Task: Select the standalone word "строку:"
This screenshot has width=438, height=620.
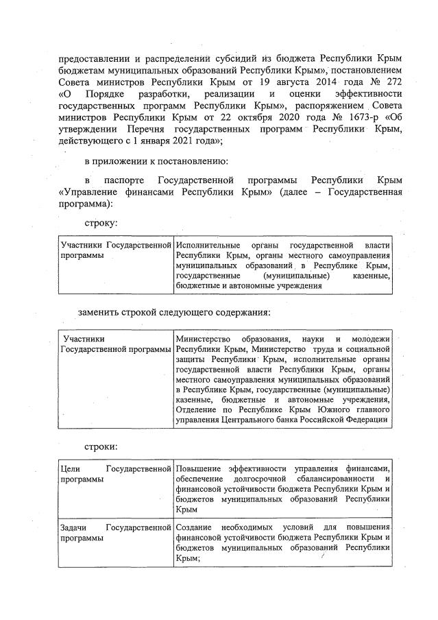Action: (x=100, y=223)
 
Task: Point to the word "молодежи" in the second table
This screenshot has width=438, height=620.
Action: (x=371, y=339)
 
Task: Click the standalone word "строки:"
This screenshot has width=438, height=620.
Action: (x=100, y=446)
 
